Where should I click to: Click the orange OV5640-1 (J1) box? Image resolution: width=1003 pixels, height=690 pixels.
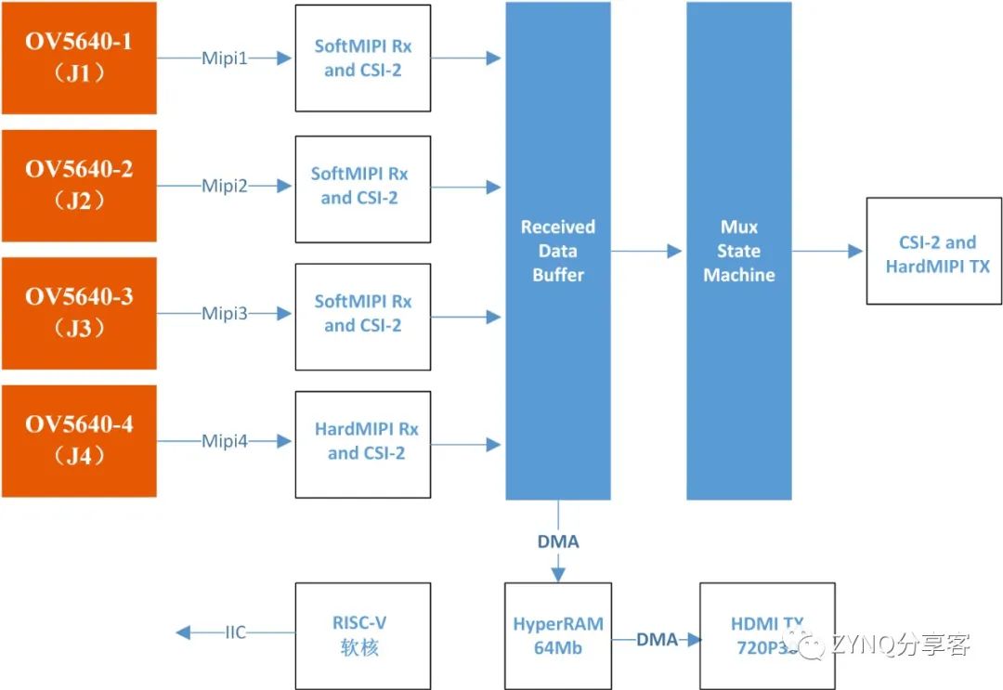(79, 58)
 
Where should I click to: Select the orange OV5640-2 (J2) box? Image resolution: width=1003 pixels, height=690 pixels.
(79, 186)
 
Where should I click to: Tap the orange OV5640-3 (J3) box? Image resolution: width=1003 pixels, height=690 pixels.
(79, 314)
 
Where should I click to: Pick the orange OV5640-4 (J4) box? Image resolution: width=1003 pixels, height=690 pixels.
(79, 441)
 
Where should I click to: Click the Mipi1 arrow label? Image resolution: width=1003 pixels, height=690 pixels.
(225, 59)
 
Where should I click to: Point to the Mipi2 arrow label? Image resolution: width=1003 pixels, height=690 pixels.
(225, 187)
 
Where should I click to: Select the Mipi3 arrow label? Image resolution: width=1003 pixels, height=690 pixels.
(225, 314)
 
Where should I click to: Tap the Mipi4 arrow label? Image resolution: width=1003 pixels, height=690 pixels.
(225, 442)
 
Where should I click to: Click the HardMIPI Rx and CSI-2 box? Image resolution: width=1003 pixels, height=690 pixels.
(363, 442)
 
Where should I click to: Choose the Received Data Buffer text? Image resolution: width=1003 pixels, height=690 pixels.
(557, 251)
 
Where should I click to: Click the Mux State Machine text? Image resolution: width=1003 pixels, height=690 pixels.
(738, 251)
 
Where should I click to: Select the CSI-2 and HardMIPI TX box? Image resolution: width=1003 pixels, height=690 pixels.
(934, 251)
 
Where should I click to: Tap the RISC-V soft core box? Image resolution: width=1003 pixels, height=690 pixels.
(363, 635)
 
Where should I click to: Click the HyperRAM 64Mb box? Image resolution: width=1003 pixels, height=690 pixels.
(557, 635)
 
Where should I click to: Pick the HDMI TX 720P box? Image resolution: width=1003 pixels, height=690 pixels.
(767, 635)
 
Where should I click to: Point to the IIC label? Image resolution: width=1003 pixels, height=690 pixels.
(236, 633)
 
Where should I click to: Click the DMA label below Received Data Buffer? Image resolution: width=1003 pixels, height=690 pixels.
(557, 541)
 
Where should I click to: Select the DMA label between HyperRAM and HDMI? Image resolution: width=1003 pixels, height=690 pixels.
(656, 639)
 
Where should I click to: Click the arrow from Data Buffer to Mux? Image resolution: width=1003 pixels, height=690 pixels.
(647, 251)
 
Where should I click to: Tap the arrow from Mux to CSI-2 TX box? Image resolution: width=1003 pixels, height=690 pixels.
(827, 251)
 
